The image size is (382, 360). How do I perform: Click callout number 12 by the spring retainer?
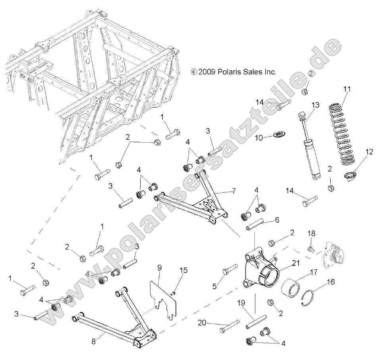click(369, 151)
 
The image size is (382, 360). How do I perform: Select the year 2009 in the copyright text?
click(214, 72)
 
